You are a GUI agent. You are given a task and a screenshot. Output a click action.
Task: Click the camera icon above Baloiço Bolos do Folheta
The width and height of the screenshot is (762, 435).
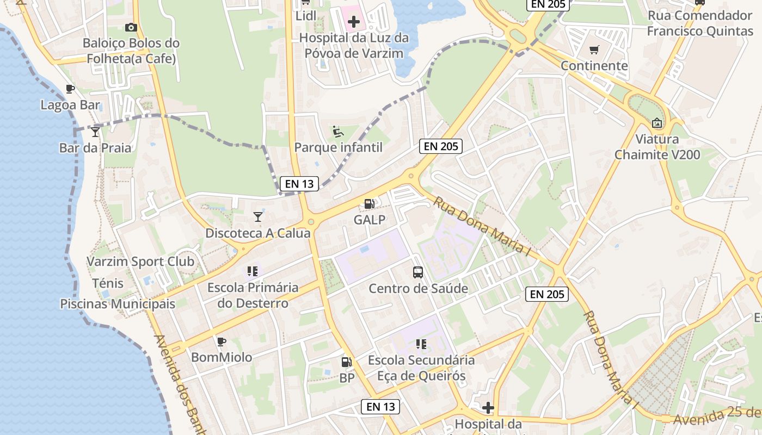tap(131, 27)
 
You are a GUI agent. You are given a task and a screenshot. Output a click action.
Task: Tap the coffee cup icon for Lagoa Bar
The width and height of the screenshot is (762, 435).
tap(70, 89)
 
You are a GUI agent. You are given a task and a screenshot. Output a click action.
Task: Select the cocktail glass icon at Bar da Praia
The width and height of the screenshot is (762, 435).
tap(95, 132)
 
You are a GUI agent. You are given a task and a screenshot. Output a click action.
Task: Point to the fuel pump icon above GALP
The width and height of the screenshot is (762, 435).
tap(370, 204)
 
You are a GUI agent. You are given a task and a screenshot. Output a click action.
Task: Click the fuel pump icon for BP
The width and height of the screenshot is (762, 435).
tap(346, 362)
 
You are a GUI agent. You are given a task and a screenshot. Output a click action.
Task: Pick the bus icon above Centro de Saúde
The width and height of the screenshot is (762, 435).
tap(418, 272)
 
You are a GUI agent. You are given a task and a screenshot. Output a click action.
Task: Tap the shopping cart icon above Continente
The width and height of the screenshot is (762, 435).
tap(594, 50)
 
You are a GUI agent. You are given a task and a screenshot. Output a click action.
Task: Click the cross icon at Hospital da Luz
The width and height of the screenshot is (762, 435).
tap(354, 22)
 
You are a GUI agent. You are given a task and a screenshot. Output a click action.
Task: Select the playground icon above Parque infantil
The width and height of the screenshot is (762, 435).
tap(338, 132)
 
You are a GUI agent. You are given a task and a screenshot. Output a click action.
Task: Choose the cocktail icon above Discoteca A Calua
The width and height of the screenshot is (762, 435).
tap(258, 217)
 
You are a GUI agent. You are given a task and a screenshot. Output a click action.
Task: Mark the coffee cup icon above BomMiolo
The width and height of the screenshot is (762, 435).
tap(221, 341)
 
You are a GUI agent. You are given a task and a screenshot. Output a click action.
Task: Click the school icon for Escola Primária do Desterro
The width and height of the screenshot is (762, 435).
tap(253, 271)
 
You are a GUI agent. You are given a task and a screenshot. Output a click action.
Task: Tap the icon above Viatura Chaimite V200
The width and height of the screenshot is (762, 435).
tap(657, 123)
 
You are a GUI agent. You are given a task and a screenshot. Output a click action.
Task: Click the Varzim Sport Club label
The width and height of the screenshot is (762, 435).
tap(140, 262)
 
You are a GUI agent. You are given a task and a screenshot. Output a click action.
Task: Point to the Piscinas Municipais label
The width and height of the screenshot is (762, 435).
tap(118, 304)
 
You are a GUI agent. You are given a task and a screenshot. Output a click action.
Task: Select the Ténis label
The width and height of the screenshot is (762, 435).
tap(108, 283)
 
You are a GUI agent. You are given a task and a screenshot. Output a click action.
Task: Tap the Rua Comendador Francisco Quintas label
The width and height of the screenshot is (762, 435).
tap(700, 23)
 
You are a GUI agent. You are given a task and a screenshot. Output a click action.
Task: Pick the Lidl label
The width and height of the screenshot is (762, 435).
tap(306, 16)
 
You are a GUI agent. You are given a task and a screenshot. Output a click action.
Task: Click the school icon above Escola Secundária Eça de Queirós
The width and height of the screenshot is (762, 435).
tap(421, 344)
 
